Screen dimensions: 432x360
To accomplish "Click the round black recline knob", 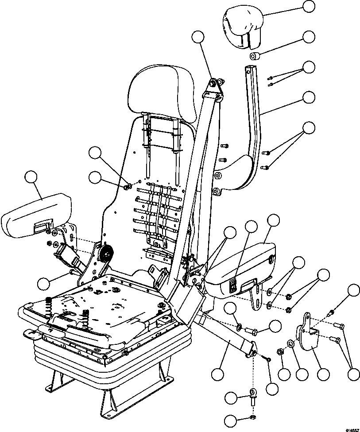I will click(106, 254).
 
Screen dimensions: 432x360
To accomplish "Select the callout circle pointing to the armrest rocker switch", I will click(252, 227).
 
